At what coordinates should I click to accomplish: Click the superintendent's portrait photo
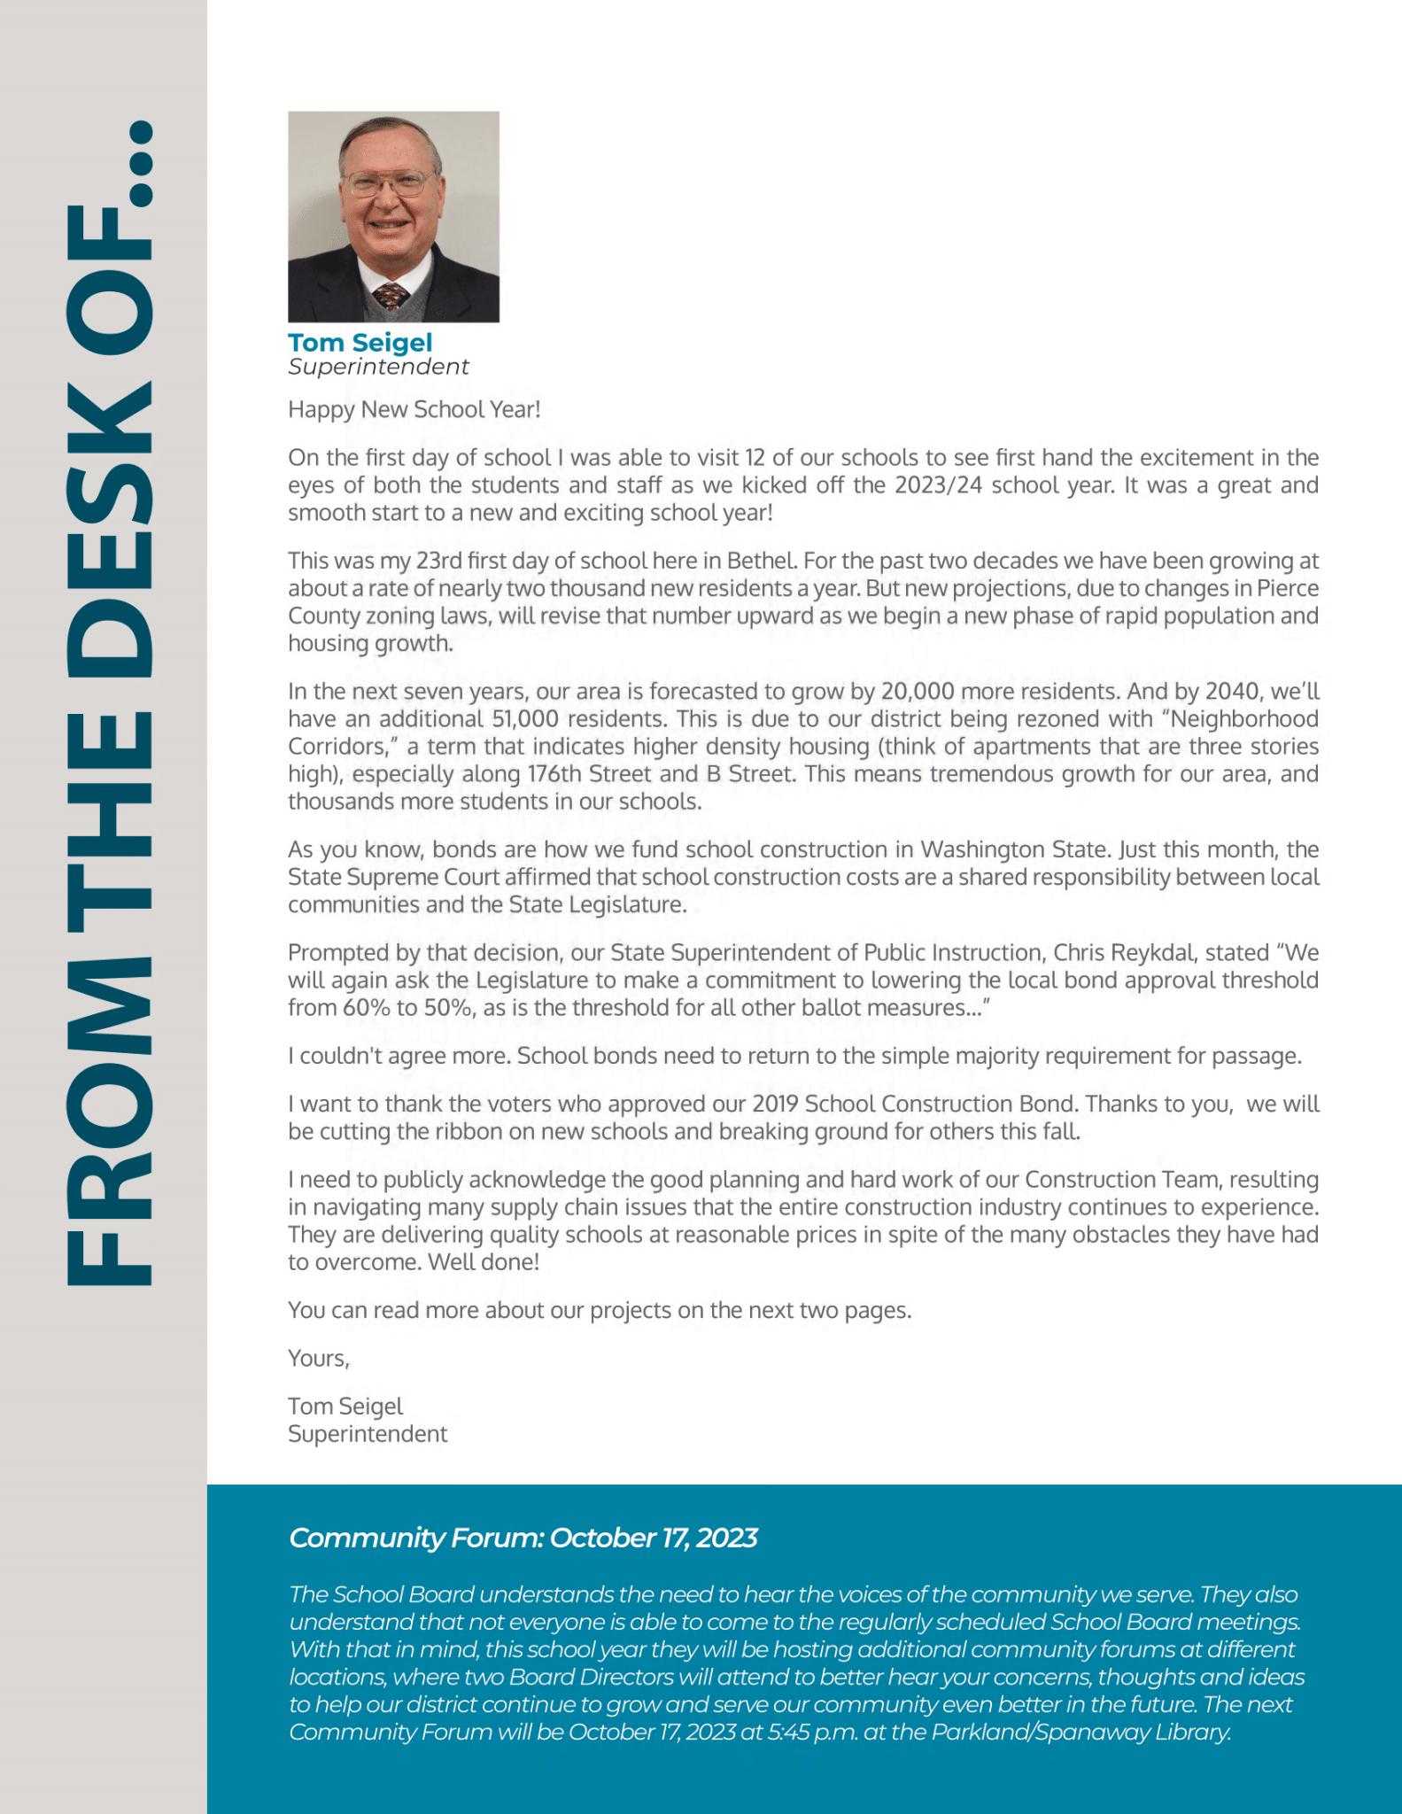(393, 216)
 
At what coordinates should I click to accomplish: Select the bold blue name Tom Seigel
(360, 342)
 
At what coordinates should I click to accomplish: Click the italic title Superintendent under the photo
(378, 367)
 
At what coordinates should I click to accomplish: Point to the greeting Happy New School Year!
(414, 410)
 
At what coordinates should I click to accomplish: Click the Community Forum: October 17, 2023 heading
(523, 1538)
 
